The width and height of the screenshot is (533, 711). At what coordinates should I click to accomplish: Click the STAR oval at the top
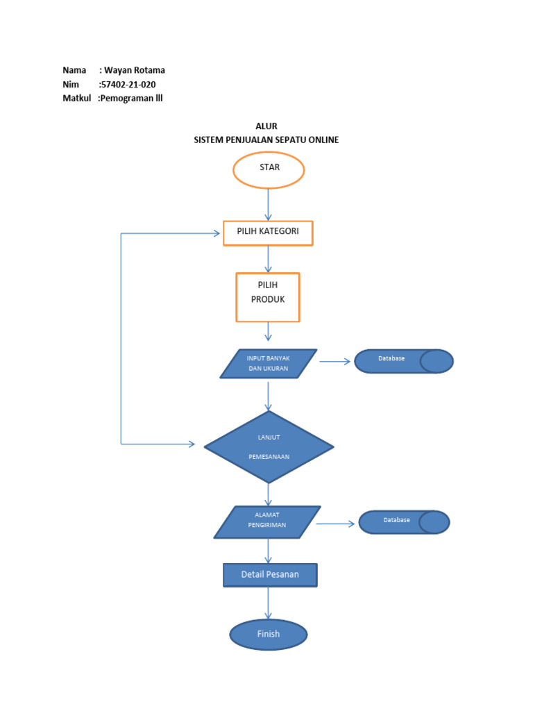pos(268,170)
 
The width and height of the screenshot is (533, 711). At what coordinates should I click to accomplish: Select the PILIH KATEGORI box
pos(268,233)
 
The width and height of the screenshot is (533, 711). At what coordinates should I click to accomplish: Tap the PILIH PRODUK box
pos(268,297)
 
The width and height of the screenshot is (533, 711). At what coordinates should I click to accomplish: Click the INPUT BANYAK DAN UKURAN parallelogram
pos(268,363)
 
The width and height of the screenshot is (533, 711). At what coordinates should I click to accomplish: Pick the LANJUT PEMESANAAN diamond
pos(269,446)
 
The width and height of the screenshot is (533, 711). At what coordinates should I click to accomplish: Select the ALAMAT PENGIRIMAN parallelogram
pos(267,521)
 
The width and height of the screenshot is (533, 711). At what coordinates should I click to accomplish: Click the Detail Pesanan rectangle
pos(270,575)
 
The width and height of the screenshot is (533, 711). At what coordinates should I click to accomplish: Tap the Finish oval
pos(268,634)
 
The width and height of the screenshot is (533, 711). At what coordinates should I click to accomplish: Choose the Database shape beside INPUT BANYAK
pos(403,361)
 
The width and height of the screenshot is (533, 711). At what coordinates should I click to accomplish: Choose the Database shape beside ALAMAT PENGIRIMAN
pos(404,522)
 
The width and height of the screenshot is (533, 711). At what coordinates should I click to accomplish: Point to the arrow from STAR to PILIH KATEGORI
pos(268,205)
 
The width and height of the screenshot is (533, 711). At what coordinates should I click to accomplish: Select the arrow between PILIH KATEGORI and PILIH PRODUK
pos(268,259)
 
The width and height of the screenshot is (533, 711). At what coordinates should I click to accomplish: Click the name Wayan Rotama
pos(135,70)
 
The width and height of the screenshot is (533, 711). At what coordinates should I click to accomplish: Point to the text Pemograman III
pos(131,99)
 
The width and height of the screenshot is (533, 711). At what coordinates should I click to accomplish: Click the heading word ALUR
pos(266,126)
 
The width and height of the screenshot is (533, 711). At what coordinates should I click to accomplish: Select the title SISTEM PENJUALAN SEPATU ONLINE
pos(266,140)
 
